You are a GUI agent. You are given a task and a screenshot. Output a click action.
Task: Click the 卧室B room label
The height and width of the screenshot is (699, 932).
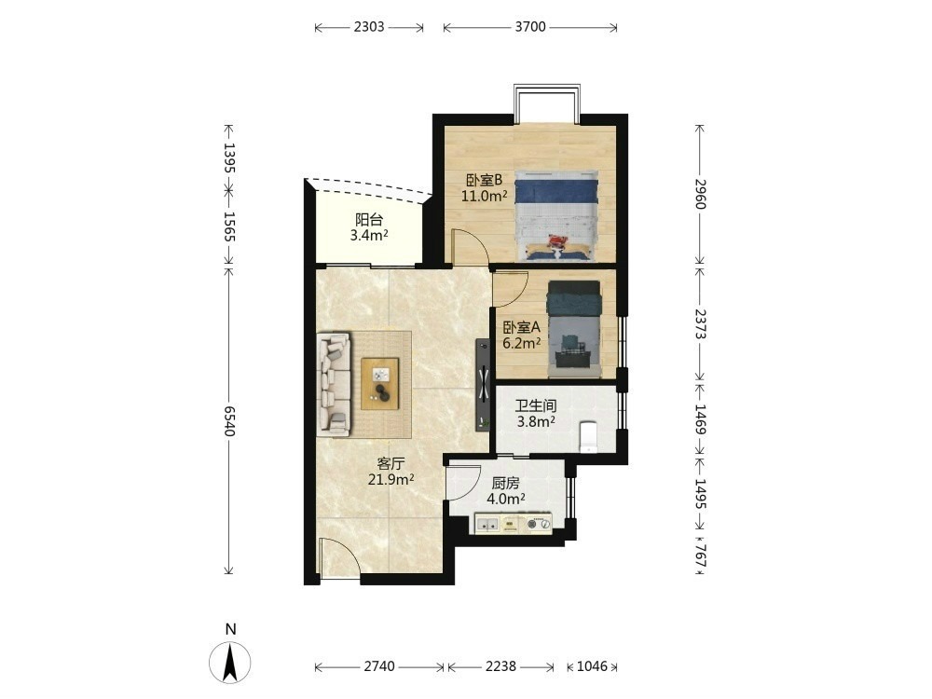click(485, 180)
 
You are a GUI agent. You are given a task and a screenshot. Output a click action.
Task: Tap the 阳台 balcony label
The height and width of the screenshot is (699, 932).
click(368, 219)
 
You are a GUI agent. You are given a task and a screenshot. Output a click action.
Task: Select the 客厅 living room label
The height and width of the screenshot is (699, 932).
click(391, 463)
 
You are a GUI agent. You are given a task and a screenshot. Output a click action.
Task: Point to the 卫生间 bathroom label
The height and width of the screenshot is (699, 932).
click(536, 406)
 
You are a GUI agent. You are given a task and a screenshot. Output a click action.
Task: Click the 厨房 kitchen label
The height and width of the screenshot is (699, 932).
click(505, 483)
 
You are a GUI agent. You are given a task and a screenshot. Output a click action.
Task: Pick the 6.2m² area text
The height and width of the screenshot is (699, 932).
click(521, 343)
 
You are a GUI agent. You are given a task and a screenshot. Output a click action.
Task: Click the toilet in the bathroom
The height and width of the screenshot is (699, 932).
click(588, 437)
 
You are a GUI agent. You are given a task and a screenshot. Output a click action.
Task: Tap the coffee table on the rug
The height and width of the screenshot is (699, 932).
click(380, 383)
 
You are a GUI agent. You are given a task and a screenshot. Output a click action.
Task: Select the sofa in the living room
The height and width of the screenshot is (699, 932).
click(334, 383)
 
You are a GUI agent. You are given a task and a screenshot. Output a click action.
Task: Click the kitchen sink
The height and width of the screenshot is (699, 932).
click(488, 524)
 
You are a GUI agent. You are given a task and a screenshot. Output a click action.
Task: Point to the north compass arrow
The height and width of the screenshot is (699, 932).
click(230, 662)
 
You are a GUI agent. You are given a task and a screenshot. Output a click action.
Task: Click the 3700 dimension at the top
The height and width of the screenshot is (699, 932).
click(530, 27)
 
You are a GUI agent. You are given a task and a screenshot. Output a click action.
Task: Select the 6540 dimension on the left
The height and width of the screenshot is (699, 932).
click(229, 421)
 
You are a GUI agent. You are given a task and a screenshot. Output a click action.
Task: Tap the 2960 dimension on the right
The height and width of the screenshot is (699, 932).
click(700, 194)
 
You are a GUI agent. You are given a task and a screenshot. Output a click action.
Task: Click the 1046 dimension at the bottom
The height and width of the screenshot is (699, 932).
click(592, 666)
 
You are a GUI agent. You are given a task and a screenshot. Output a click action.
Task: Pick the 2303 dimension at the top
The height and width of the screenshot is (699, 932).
click(368, 27)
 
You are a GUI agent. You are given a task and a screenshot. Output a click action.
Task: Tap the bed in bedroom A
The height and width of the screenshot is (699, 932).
click(574, 329)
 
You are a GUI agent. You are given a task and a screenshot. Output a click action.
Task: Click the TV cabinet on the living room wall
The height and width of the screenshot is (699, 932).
click(483, 383)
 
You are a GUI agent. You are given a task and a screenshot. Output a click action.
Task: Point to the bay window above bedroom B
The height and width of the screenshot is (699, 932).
click(547, 104)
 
